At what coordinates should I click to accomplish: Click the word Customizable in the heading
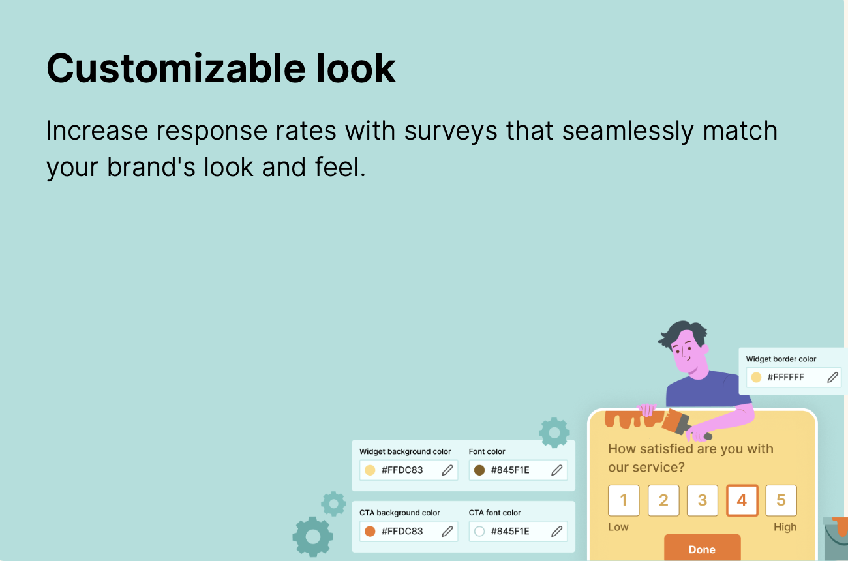point(176,69)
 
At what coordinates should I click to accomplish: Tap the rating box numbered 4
point(742,500)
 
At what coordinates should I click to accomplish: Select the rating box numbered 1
point(624,500)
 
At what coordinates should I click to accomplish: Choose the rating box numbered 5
point(781,500)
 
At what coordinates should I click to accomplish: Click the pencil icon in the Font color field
point(556,470)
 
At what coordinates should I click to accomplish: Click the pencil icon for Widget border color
point(832,378)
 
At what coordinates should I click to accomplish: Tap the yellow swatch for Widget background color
point(370,470)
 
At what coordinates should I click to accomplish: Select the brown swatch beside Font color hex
point(479,470)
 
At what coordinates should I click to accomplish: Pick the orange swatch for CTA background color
point(370,532)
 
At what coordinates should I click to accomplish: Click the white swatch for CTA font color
point(479,532)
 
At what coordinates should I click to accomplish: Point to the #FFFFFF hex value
point(785,378)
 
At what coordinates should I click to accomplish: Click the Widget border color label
point(781,359)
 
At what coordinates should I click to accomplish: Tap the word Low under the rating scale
point(618,527)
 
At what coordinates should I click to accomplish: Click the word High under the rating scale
point(785,527)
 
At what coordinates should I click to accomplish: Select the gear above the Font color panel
point(554,432)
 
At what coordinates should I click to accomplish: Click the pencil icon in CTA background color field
point(447,532)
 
